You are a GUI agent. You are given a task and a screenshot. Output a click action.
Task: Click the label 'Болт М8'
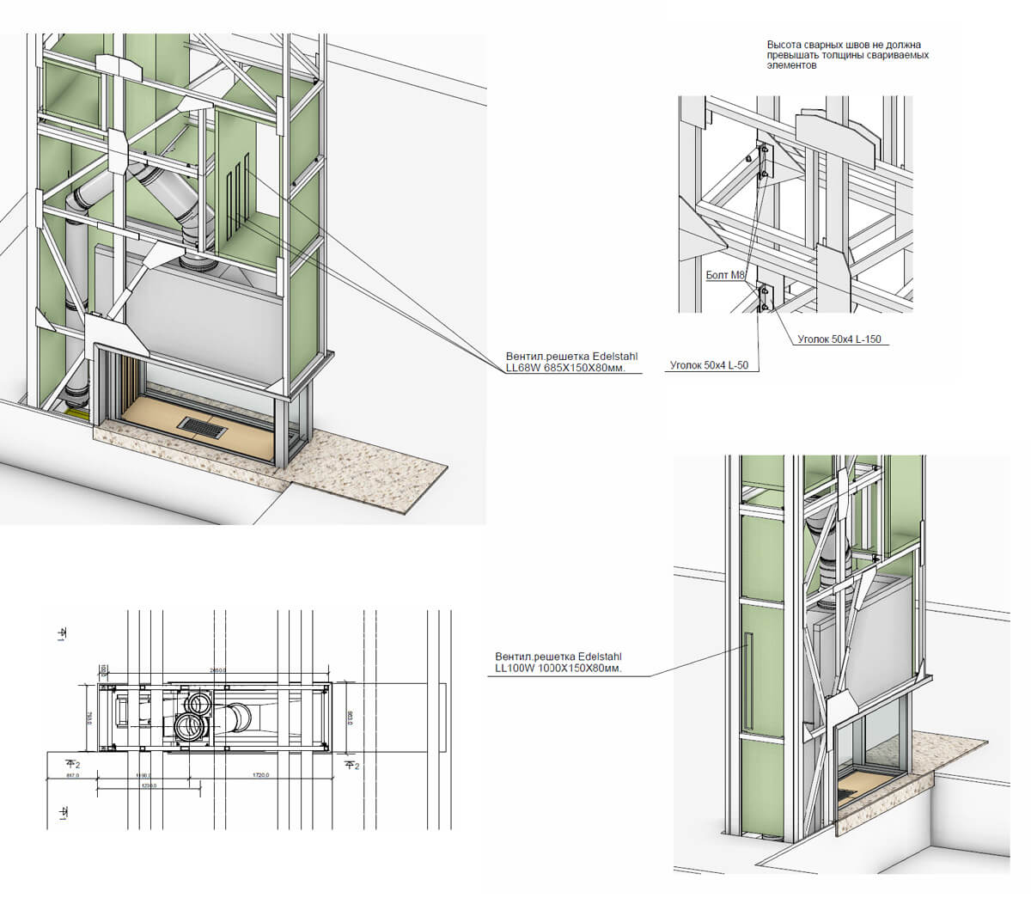tap(723, 275)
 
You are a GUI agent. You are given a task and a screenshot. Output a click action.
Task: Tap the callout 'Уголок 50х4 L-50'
tap(709, 365)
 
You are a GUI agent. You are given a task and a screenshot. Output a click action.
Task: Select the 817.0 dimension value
tap(71, 775)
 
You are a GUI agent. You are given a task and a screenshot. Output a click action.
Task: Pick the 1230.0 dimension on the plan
tap(149, 785)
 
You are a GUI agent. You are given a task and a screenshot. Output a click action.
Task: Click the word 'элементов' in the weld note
tap(788, 64)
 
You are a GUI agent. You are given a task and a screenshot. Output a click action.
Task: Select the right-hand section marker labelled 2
tap(351, 764)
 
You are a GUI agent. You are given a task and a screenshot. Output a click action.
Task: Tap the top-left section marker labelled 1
tap(62, 633)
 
